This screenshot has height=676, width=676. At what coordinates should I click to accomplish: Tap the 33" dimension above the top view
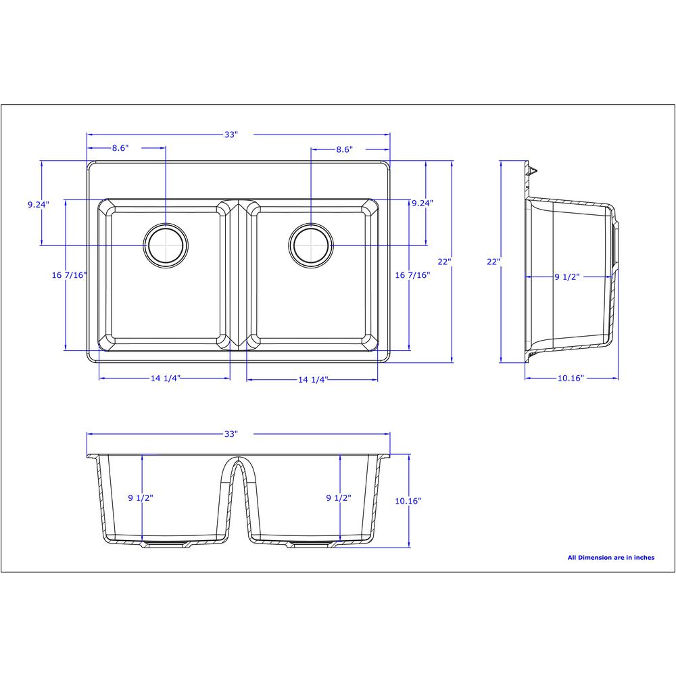pyautogui.click(x=231, y=135)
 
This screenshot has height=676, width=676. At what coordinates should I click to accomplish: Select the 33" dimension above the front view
pyautogui.click(x=231, y=434)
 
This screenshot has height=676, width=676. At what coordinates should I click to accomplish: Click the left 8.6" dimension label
pyautogui.click(x=120, y=148)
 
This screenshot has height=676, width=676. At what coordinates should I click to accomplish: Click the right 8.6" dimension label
pyautogui.click(x=345, y=149)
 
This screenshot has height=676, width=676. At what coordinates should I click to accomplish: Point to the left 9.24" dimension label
pyautogui.click(x=39, y=204)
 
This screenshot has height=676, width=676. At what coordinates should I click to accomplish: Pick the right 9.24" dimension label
pyautogui.click(x=422, y=203)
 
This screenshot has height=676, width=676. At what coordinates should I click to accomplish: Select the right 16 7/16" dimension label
pyautogui.click(x=412, y=275)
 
